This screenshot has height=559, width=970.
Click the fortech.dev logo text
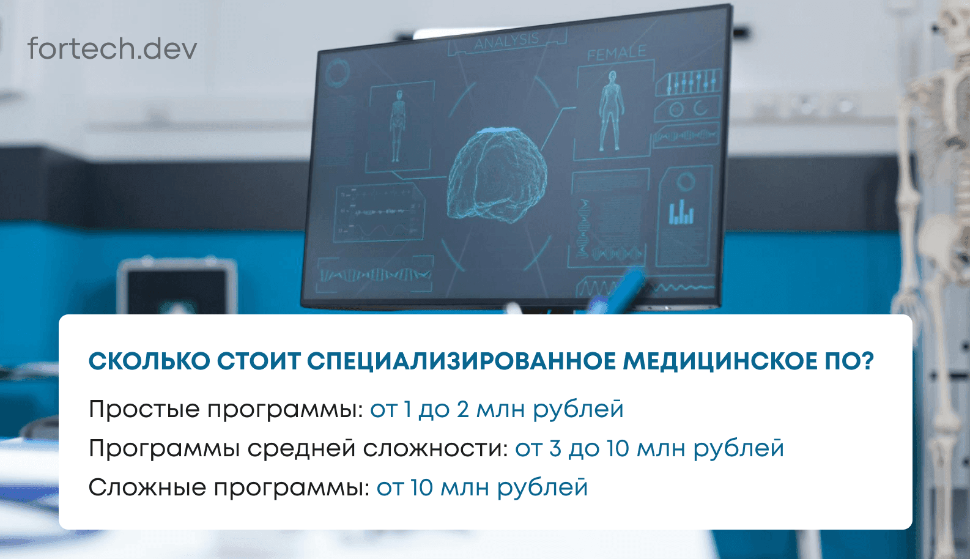pos(112,48)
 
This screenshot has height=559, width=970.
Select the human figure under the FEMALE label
pos(610,111)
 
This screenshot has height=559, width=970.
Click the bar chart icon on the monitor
pos(681,212)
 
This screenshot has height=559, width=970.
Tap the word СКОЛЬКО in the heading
pos(149,361)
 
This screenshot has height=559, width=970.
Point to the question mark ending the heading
pos(867,361)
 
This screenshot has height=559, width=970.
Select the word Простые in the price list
pos(144,409)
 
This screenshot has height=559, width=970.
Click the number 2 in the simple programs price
pos(462,409)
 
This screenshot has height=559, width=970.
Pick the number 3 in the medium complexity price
pos(555,448)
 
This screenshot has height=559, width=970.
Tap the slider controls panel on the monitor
pos(688,82)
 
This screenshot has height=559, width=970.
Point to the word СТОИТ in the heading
pos(259,361)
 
